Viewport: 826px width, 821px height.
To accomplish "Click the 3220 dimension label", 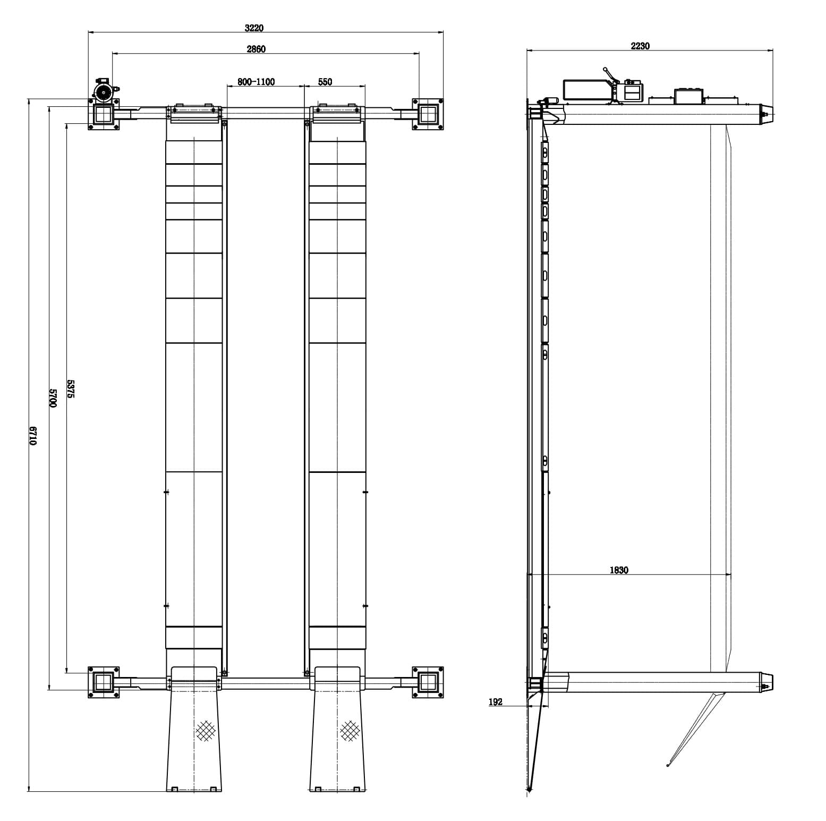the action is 254,28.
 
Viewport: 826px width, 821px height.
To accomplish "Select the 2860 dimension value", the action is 256,49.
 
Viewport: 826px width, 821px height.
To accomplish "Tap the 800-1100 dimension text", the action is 256,82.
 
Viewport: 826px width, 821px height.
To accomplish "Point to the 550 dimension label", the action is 325,82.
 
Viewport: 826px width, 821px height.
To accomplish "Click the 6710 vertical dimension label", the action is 33,436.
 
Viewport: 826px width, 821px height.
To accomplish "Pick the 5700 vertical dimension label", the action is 53,397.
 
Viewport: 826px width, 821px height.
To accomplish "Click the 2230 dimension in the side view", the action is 640,46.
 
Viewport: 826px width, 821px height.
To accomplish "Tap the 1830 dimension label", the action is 619,570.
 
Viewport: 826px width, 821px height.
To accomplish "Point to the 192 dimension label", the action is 495,702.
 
